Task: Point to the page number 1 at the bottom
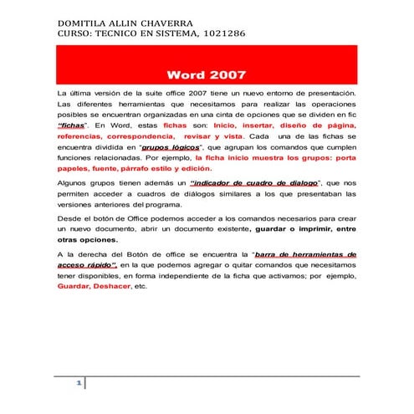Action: (78, 383)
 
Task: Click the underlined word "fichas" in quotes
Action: (72, 123)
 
